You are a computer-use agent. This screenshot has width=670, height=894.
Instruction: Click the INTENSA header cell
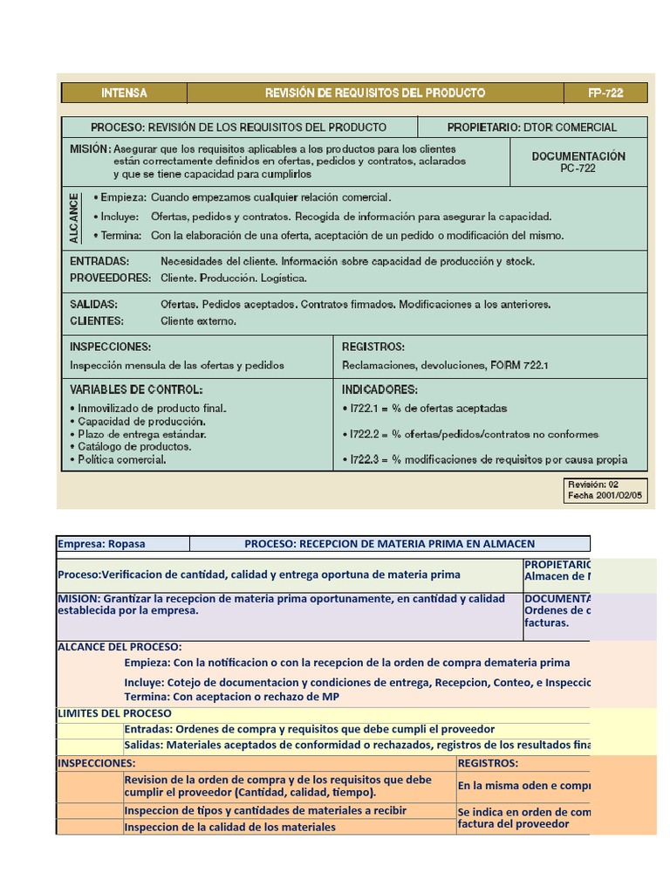coord(124,93)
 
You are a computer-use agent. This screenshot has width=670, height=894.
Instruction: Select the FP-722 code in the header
coord(605,93)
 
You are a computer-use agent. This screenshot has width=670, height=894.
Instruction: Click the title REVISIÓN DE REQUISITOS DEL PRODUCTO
coord(375,93)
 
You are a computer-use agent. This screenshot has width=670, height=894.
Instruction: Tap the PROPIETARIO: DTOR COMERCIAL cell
coord(531,127)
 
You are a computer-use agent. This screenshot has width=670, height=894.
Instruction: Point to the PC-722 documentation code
coord(578,168)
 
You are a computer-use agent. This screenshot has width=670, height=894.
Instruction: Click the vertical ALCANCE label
coord(74,217)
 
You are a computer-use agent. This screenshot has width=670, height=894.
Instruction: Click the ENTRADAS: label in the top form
coord(99,261)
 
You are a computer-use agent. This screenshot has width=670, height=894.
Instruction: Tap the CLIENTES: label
coord(96,320)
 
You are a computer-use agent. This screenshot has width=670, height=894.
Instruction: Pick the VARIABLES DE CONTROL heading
coord(136,389)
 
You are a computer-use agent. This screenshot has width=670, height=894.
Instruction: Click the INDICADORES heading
coord(379,389)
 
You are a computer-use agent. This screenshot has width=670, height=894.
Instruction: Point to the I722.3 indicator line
coord(487,459)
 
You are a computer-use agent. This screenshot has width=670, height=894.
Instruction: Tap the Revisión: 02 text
coord(592,484)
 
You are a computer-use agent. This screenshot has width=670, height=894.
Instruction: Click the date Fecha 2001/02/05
coord(605,495)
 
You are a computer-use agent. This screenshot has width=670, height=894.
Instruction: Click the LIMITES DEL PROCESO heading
coord(114,713)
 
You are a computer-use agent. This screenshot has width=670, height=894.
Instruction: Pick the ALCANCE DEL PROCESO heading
coord(120,647)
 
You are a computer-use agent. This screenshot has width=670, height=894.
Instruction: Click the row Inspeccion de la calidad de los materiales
coord(229,827)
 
